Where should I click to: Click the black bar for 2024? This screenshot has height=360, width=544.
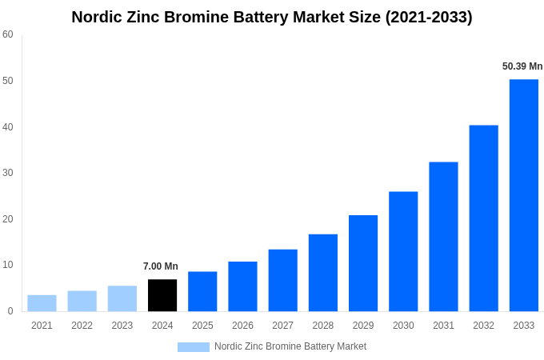(162, 295)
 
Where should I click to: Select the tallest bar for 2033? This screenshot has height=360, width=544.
(524, 195)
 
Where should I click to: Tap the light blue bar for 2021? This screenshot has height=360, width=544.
(42, 303)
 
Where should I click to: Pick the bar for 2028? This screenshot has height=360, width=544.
(323, 273)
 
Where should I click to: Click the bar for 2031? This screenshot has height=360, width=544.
(443, 237)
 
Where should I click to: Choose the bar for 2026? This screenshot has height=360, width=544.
(242, 286)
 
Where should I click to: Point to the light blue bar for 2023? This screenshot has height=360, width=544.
(122, 298)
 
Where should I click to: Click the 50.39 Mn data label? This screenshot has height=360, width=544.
(522, 66)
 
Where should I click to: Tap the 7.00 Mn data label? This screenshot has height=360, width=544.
(161, 266)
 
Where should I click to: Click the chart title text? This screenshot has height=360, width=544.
(272, 17)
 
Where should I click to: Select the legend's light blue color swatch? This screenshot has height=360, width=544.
(194, 347)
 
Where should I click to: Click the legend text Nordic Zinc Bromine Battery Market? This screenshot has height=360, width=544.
(290, 346)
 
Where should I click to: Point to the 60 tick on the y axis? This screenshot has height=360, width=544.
(8, 34)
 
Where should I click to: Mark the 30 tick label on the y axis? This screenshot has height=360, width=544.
(8, 173)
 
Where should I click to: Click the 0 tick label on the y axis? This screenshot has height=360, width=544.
(10, 311)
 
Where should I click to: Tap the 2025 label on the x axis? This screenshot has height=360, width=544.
(202, 326)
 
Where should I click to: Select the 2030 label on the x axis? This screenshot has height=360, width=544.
(403, 326)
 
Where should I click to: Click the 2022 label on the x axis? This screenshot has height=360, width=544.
(82, 326)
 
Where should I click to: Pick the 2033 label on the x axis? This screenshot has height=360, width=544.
(524, 326)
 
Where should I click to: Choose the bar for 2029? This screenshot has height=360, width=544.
(363, 263)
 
